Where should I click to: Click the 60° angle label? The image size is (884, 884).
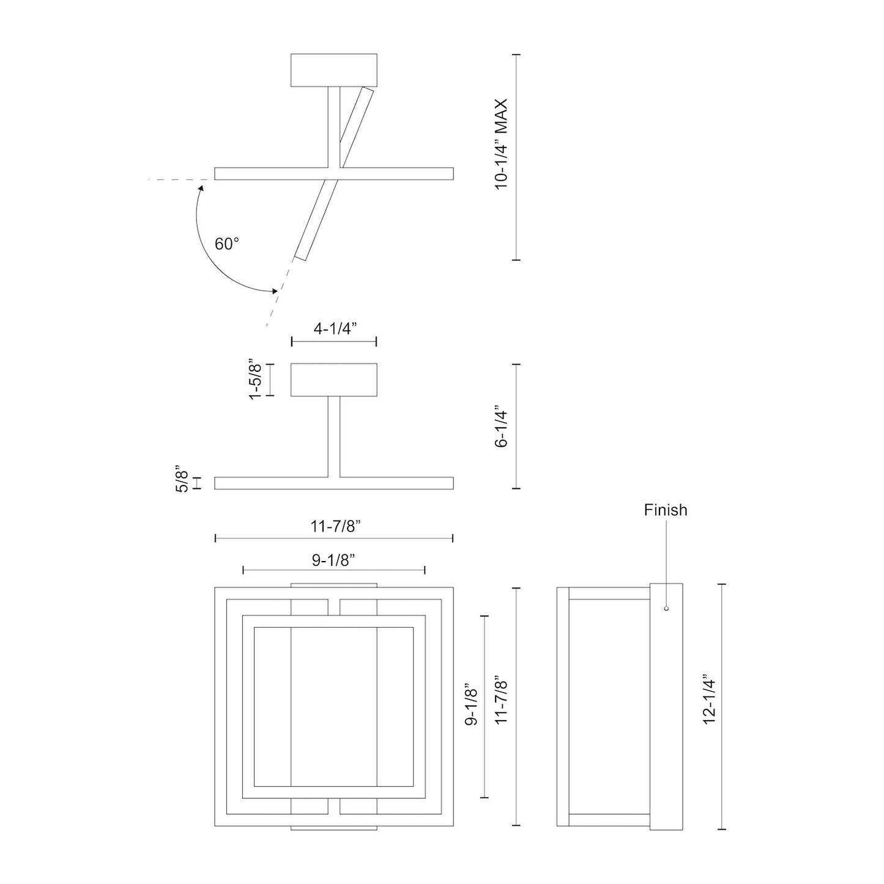coord(226,244)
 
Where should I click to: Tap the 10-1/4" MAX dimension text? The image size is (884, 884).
coord(502,144)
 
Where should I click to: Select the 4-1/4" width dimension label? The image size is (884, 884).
coord(335,329)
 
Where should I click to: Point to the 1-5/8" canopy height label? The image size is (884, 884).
coord(255,381)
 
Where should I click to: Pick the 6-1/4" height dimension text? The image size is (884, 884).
coord(502,426)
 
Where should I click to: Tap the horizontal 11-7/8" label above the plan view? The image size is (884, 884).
coord(334,526)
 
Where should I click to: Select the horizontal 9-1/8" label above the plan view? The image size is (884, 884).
coord(334,560)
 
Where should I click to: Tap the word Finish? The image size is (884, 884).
coord(665,510)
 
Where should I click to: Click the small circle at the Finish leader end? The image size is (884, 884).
coord(666,608)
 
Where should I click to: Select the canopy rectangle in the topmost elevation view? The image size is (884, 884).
coord(334,70)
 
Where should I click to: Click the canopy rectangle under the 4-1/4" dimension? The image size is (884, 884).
coord(334,380)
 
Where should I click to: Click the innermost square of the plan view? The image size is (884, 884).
coord(334,707)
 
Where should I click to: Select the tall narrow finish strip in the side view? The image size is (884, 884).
coord(666,707)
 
